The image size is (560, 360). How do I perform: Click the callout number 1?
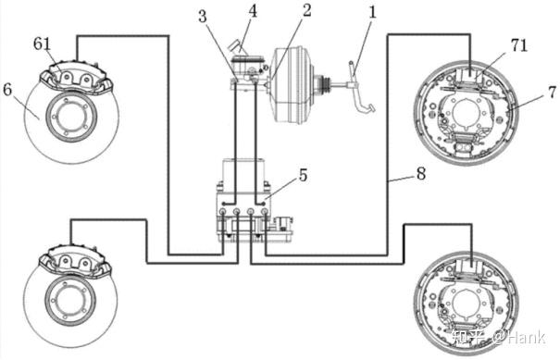(x=372, y=12)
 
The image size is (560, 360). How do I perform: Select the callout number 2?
(x=306, y=10)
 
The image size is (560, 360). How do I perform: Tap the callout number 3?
(x=203, y=16)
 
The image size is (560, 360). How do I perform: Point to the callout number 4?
(x=253, y=11)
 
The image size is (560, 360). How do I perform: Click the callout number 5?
(x=303, y=175)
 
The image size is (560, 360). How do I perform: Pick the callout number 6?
(x=7, y=90)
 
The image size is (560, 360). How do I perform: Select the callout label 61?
(x=43, y=43)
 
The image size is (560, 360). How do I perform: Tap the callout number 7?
(x=552, y=93)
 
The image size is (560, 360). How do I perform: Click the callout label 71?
(x=519, y=45)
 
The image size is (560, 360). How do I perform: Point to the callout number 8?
(x=421, y=174)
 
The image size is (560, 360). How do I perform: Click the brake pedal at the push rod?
(x=359, y=88)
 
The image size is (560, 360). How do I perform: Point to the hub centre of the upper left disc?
(x=71, y=118)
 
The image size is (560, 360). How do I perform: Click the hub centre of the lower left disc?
(x=70, y=301)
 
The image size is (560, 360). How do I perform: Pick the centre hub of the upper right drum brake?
(x=467, y=113)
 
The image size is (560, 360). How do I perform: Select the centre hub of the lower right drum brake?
(x=467, y=303)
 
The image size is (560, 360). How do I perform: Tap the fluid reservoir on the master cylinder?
(x=246, y=64)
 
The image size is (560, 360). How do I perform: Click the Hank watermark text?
(x=526, y=337)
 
